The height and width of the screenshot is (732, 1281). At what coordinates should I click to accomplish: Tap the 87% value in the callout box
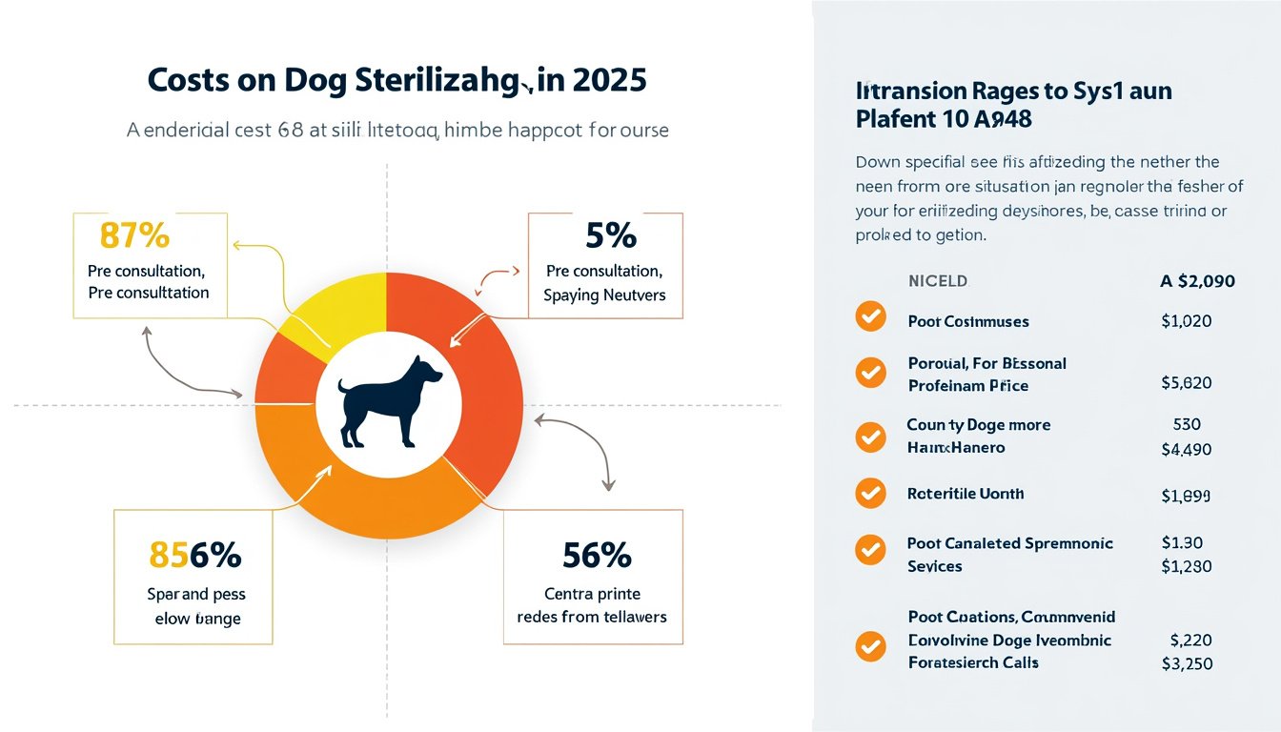133,234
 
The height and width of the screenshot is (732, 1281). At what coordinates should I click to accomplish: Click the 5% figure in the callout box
604,234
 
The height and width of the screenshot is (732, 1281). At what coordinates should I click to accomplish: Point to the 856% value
194,555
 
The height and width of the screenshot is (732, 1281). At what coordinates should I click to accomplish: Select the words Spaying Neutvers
604,295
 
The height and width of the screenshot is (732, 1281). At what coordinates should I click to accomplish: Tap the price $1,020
1186,321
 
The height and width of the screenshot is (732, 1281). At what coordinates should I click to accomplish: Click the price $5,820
1186,383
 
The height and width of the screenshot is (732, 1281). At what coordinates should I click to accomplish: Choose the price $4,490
1186,449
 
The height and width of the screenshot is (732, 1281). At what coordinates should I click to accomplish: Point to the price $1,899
1186,496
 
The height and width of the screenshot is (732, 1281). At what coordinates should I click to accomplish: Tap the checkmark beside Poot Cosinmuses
870,316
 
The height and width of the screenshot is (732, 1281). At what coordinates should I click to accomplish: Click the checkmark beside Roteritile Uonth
870,493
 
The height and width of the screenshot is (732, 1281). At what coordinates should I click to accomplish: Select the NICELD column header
938,281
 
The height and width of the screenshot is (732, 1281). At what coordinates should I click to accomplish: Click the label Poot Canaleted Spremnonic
1009,543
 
